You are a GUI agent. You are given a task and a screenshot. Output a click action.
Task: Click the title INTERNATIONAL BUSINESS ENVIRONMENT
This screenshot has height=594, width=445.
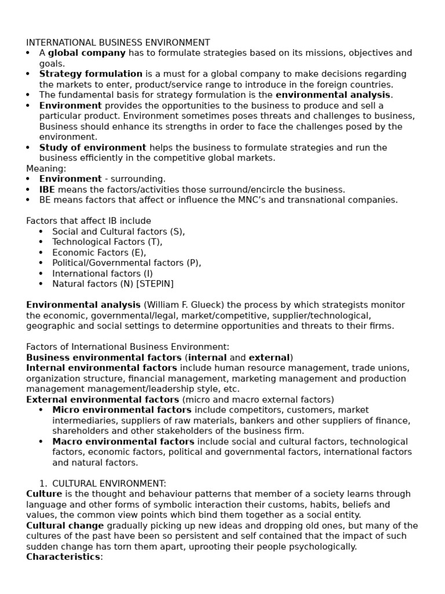pos(118,42)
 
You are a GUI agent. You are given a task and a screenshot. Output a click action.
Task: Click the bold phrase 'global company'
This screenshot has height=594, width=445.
pos(86,53)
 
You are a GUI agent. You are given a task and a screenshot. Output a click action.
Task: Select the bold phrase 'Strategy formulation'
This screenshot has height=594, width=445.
pos(90,74)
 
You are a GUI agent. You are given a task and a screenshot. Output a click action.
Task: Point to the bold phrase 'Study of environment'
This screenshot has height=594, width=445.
pos(93,147)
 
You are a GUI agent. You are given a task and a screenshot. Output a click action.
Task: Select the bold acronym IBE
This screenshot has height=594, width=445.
pos(47,189)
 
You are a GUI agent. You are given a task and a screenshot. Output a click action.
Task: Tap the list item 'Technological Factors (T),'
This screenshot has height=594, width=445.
pos(107,242)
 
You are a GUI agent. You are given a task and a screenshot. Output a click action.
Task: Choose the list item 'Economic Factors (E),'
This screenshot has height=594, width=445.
pos(99,252)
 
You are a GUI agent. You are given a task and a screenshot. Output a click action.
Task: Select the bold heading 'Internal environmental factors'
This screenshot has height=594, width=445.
pos(101,368)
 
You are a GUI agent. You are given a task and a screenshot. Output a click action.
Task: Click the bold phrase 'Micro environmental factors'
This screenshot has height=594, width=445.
pos(122,410)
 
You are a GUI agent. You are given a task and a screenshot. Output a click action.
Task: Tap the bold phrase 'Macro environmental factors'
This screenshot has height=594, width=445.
pos(123,441)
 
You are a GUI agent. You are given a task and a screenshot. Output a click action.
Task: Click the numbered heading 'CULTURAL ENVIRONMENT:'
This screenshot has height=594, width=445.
pos(109,483)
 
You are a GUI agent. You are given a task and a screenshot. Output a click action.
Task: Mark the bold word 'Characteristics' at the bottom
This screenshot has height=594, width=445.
pos(63,557)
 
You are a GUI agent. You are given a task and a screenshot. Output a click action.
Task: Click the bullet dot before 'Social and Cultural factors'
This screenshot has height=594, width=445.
pos(41,231)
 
